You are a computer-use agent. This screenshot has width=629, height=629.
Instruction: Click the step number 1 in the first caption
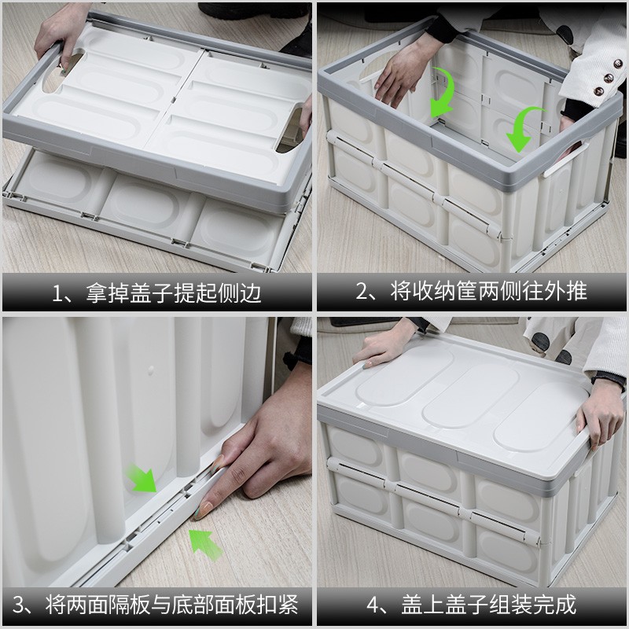pyautogui.click(x=57, y=293)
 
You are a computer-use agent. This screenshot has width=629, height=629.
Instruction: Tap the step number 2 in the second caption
pyautogui.click(x=362, y=292)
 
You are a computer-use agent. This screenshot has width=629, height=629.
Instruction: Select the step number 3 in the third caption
pyautogui.click(x=18, y=605)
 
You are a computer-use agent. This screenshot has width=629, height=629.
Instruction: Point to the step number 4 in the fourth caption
pyautogui.click(x=373, y=605)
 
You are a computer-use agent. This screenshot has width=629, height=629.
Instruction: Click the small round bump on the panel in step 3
pyautogui.click(x=151, y=370)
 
